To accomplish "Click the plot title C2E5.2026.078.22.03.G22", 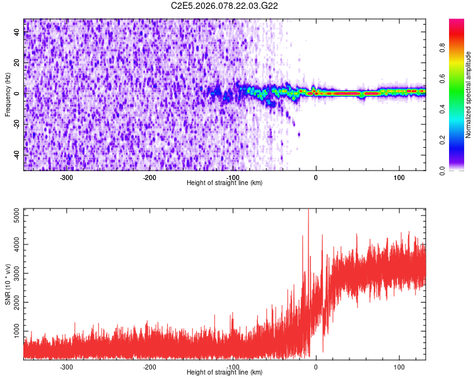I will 225,6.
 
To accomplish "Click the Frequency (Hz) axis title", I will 8,94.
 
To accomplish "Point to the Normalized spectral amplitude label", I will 469,95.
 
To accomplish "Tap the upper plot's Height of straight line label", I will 225,183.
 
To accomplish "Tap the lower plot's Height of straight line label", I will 225,372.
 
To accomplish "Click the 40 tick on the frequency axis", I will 17,33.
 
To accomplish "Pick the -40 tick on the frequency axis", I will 16,155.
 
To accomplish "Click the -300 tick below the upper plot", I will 67,177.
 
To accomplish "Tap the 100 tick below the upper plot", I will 399,177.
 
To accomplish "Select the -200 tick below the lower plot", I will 149,366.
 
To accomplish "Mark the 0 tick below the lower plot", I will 316,366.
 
